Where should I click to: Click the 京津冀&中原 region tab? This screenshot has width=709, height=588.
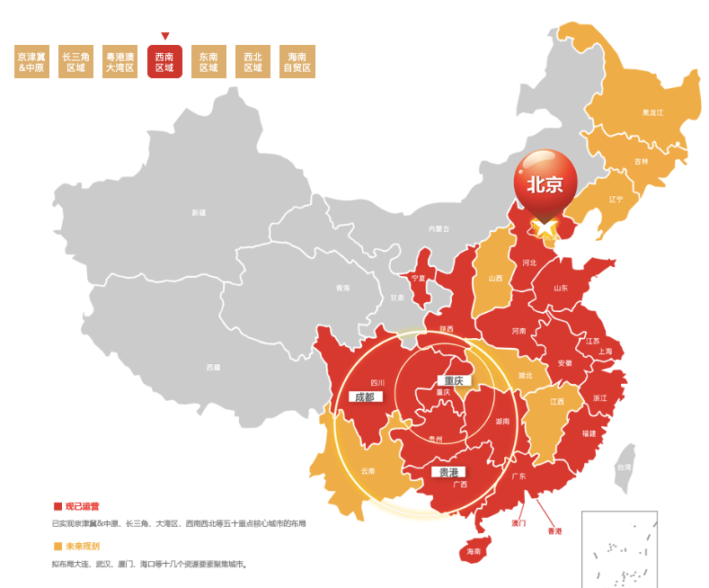coord(31,62)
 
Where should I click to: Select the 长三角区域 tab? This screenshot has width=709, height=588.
coord(75,62)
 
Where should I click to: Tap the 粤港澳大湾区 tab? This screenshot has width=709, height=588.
coord(120,62)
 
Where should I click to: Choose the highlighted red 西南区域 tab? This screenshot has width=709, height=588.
coord(164,62)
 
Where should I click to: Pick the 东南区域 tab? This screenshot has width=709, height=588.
coord(208,62)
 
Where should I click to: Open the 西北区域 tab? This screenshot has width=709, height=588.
coord(253,62)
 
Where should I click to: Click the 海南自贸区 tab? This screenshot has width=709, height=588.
coord(297,62)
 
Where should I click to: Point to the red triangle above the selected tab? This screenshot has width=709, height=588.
coord(164,36)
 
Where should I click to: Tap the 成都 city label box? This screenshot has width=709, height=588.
coord(365,396)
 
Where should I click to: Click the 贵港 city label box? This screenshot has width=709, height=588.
coord(448,472)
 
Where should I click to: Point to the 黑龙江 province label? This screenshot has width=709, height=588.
coord(652,112)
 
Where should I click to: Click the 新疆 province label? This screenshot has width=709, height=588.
coord(199,213)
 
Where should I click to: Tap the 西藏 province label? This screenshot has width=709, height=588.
coord(213,367)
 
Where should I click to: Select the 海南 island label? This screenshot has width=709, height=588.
coord(474,551)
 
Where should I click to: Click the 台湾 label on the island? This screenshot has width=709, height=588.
coord(623,468)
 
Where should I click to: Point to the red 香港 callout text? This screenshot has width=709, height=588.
coord(554,531)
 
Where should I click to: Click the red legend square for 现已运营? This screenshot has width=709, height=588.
coord(58,506)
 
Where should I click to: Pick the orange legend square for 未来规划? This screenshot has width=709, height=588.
coord(58,546)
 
